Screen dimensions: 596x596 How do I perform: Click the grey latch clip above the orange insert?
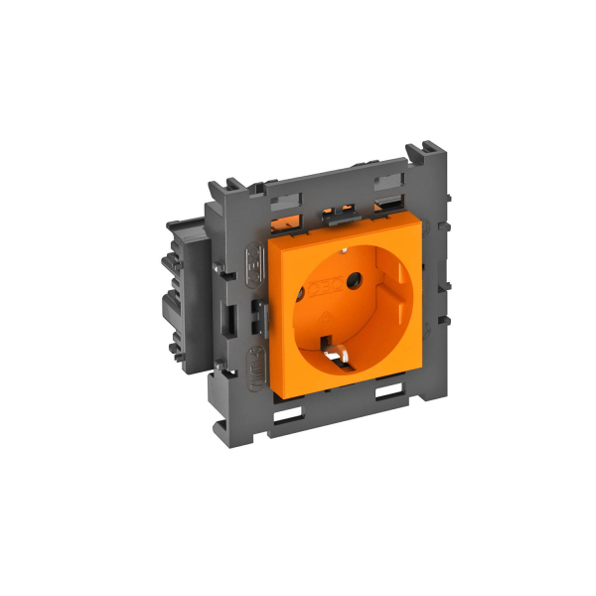point(344,211)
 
